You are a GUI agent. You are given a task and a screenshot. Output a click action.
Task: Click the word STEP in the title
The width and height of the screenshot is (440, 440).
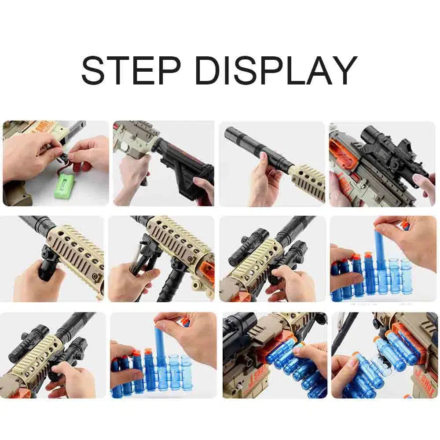pos(131,70)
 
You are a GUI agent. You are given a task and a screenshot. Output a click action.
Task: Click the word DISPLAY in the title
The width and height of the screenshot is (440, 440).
pos(276,70)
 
